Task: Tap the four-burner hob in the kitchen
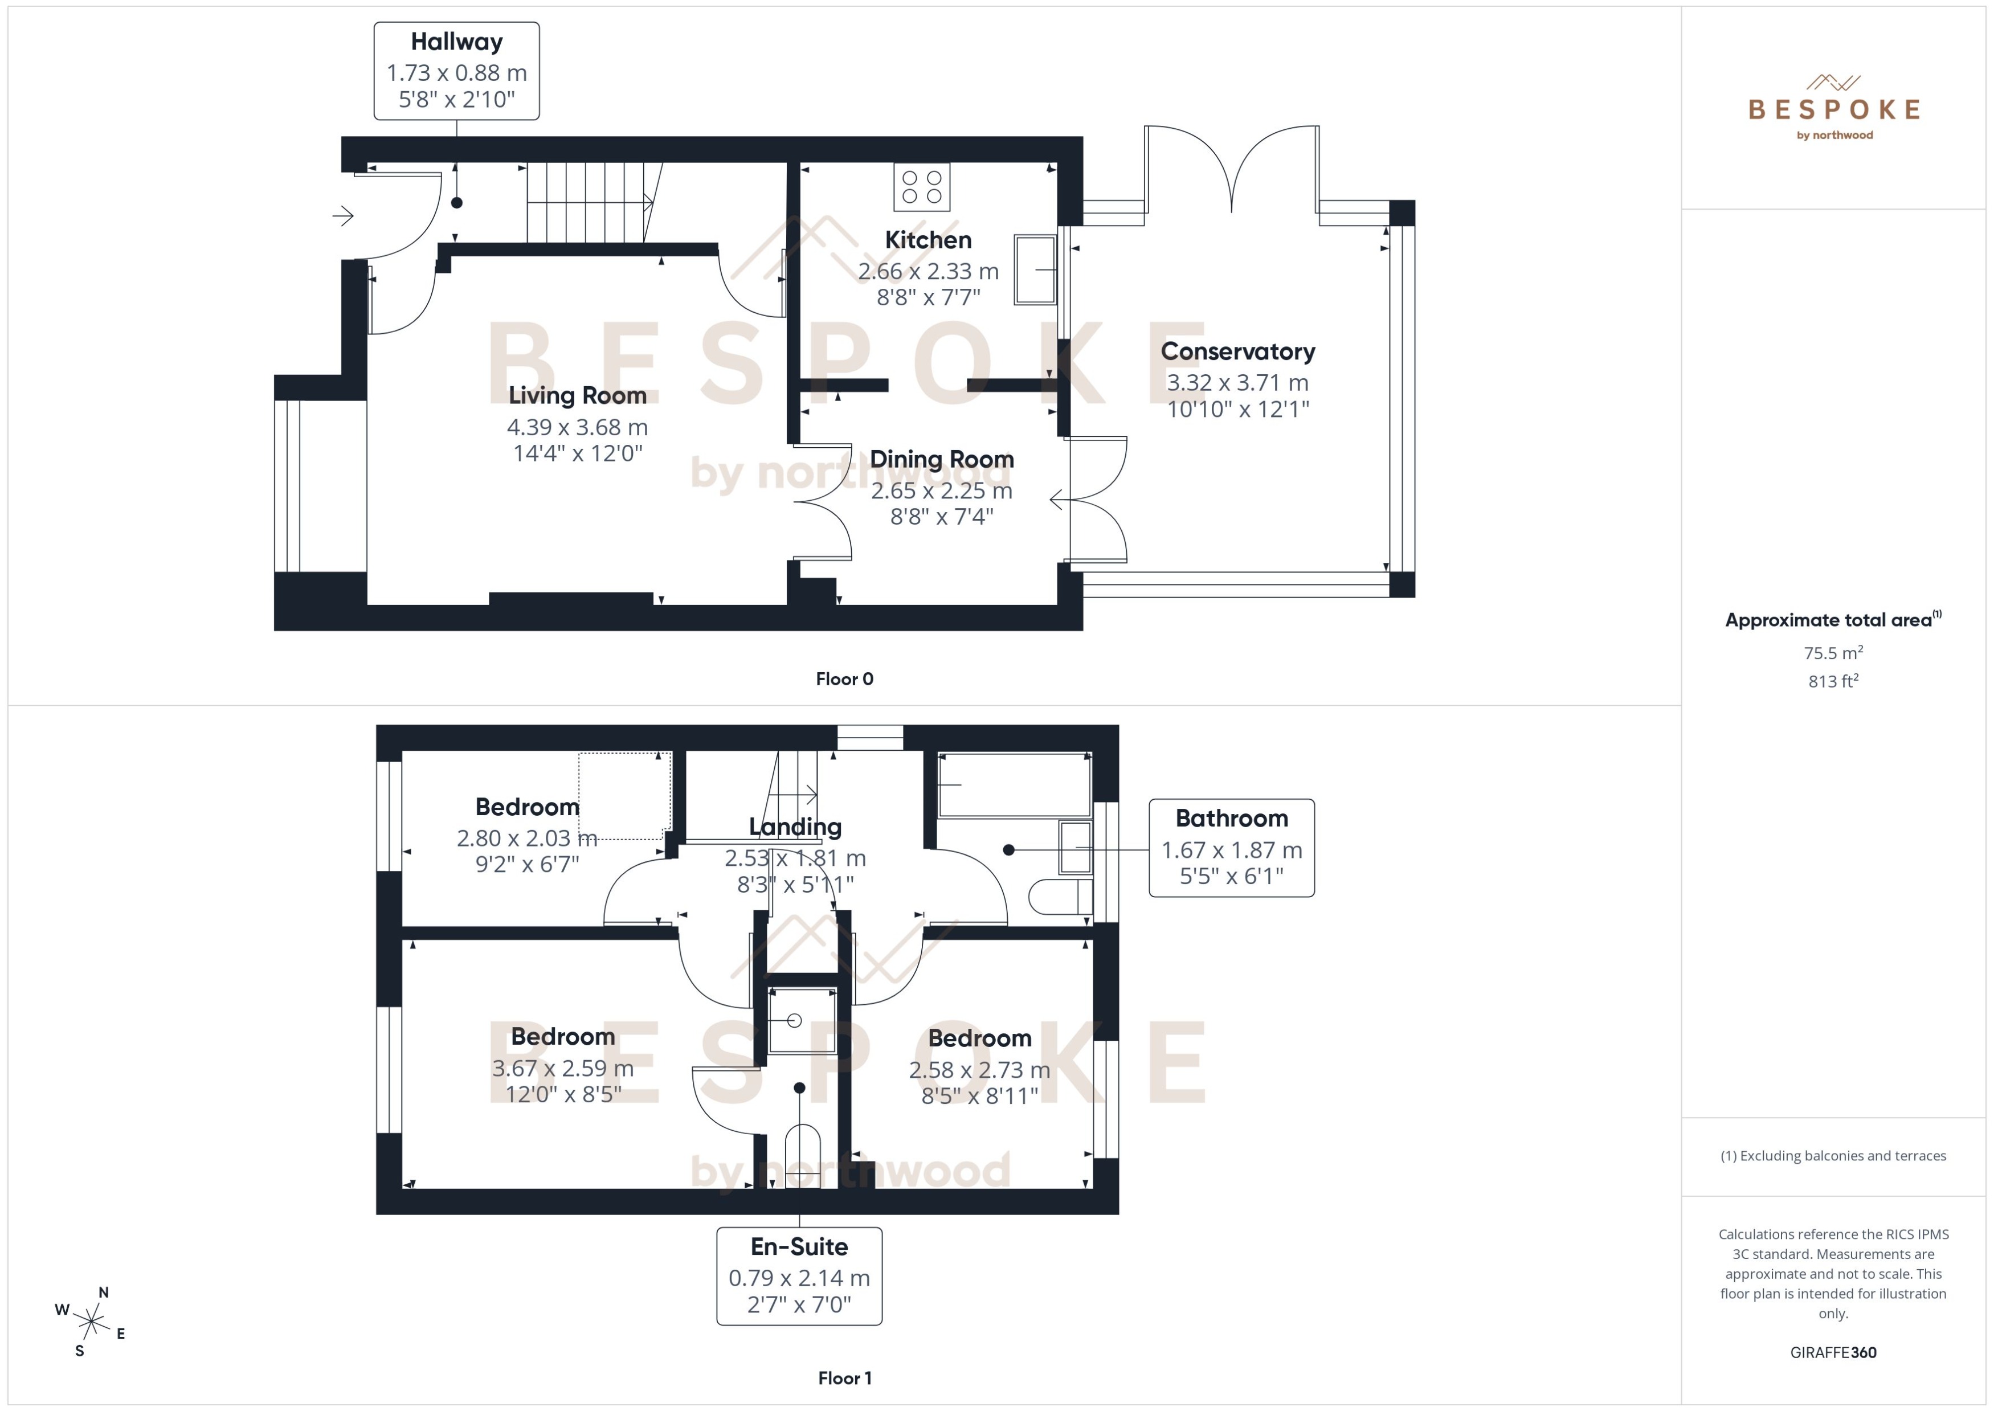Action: (921, 187)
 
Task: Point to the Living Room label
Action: (577, 395)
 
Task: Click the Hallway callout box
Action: (456, 71)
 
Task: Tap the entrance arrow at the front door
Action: (343, 215)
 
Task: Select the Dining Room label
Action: (941, 459)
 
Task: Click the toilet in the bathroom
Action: (1059, 897)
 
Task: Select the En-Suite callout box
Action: (799, 1275)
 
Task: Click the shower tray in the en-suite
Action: (801, 1021)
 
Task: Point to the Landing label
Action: (795, 827)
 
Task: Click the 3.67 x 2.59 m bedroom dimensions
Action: (562, 1068)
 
